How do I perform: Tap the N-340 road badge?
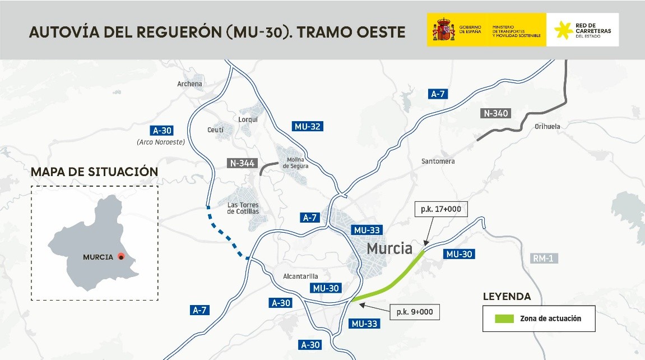pos(495,114)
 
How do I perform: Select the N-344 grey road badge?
pos(242,164)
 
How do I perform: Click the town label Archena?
pos(189,84)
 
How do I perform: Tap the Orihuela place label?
pos(547,127)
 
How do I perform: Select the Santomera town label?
pos(438,161)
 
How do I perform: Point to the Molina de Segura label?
pos(295,163)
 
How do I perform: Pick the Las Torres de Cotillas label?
pos(243,208)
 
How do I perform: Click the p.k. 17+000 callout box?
pos(440,209)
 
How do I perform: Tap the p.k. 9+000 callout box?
pos(414,312)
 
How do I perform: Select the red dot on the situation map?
pos(120,257)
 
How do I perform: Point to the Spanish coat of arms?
pos(443,30)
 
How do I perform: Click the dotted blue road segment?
pos(227,236)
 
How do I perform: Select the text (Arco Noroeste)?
pos(160,142)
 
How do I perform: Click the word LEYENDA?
pos(507,297)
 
